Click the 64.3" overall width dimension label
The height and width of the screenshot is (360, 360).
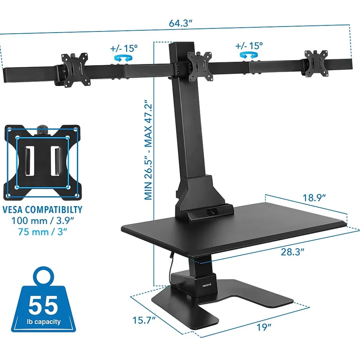[x=180, y=23]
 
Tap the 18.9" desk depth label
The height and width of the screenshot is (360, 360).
[x=314, y=198]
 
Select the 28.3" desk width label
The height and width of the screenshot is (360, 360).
[x=292, y=252]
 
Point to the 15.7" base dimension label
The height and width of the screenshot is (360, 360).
[x=144, y=320]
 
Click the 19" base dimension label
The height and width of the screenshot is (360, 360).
[x=264, y=327]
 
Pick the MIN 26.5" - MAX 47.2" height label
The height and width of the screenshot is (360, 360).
[x=148, y=150]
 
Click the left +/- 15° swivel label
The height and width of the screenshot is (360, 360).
[x=124, y=49]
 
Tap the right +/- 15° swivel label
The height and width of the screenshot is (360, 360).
[x=249, y=46]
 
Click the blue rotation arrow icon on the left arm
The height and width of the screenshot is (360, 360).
[x=124, y=57]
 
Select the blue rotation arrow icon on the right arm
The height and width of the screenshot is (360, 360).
[x=249, y=55]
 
